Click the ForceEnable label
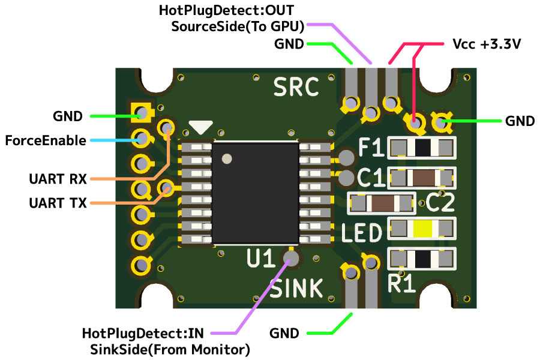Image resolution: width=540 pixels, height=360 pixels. tap(45, 141)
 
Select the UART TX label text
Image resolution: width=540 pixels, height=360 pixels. tap(58, 203)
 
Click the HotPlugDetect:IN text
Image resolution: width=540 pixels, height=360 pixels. tap(143, 333)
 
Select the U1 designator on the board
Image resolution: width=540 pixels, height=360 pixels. tap(261, 259)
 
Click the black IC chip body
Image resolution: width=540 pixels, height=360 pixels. tap(256, 193)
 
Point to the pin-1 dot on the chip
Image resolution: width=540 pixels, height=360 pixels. tap(227, 159)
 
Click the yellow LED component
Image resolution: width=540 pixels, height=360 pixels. tap(422, 229)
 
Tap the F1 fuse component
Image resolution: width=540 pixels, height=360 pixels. tap(422, 147)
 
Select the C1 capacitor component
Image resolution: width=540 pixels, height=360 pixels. tap(422, 178)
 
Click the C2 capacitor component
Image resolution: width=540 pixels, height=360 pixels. tap(382, 203)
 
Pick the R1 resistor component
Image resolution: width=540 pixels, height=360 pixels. tap(422, 259)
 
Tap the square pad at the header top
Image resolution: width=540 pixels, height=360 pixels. tap(141, 112)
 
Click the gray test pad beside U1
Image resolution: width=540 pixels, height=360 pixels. tap(292, 259)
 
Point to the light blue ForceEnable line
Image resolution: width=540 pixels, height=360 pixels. tap(114, 140)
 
